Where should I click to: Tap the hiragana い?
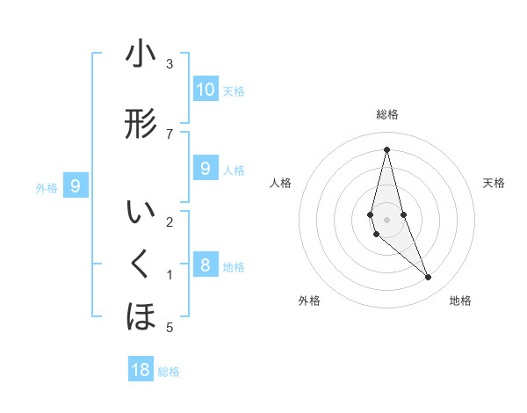[141, 214]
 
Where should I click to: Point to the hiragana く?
[141, 263]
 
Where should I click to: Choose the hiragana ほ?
[141, 316]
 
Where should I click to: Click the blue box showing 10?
[206, 90]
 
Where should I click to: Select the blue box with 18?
[141, 370]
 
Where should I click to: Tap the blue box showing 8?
[206, 265]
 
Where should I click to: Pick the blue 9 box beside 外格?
[76, 185]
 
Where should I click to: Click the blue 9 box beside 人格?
[206, 169]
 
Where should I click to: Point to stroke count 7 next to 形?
[169, 134]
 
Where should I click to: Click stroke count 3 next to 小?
[169, 64]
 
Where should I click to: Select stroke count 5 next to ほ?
[169, 328]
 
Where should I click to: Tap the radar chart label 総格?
[386, 114]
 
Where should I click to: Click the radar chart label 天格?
[494, 183]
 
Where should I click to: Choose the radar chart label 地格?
[460, 301]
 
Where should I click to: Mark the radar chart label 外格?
[309, 301]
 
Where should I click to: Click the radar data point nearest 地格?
[429, 278]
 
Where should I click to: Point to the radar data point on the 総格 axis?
[386, 149]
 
